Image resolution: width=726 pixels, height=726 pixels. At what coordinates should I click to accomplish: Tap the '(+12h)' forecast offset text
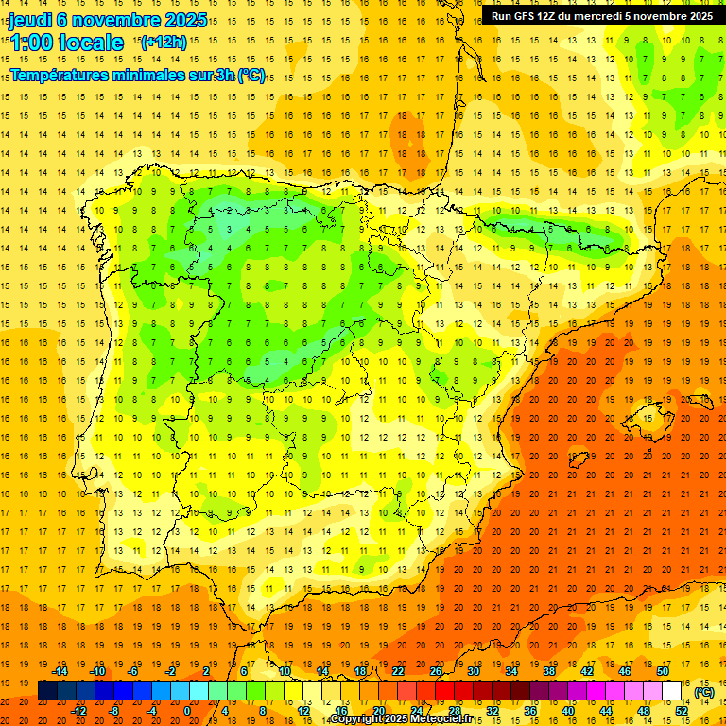pyautogui.click(x=164, y=42)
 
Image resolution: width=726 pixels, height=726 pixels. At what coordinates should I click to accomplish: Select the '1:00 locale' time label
pyautogui.click(x=67, y=43)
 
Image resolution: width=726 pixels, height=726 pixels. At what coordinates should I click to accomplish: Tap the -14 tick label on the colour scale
pyautogui.click(x=60, y=670)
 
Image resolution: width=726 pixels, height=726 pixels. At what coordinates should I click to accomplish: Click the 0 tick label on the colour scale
pyautogui.click(x=187, y=710)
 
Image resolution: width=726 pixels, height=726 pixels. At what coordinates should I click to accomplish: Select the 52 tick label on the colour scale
pyautogui.click(x=682, y=710)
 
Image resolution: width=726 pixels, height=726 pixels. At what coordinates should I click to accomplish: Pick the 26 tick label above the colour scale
pyautogui.click(x=436, y=670)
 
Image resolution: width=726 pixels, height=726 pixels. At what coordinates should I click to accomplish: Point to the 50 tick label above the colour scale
pyautogui.click(x=662, y=670)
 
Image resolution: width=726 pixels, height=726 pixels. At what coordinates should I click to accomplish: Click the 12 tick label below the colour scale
pyautogui.click(x=302, y=710)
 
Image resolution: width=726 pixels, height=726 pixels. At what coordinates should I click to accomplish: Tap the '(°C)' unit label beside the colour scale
pyautogui.click(x=704, y=692)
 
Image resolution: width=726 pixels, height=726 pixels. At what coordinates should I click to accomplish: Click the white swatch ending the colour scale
pyautogui.click(x=671, y=690)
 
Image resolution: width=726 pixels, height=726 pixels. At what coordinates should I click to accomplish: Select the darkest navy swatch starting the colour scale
pyautogui.click(x=47, y=690)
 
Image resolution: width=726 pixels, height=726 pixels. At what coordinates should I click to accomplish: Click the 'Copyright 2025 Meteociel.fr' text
pyautogui.click(x=401, y=719)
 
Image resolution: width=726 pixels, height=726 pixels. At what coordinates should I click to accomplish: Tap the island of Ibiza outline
pyautogui.click(x=579, y=459)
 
